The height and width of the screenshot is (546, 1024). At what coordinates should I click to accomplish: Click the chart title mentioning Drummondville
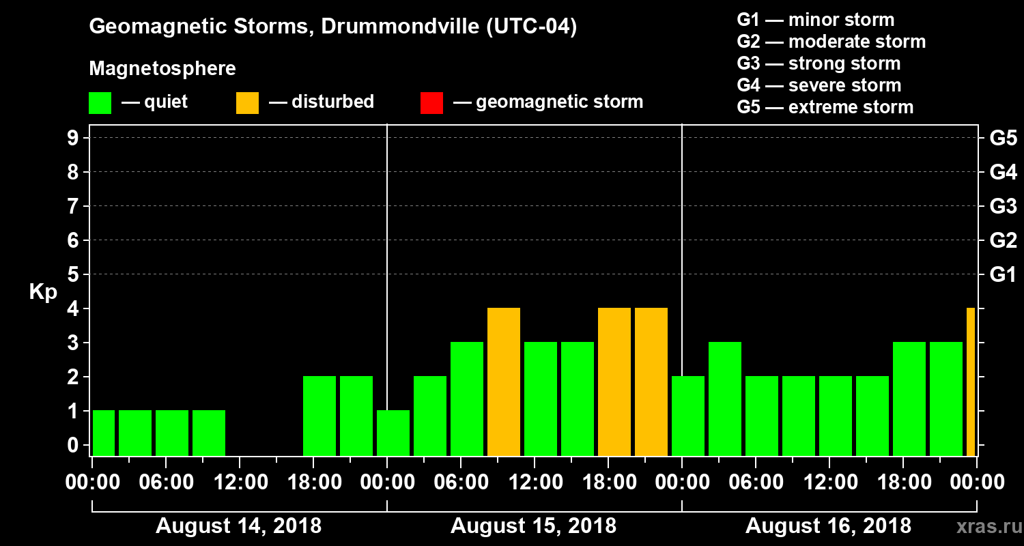333,27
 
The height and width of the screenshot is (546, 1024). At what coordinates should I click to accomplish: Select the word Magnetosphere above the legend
162,69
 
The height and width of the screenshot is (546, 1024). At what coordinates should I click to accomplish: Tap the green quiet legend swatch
100,103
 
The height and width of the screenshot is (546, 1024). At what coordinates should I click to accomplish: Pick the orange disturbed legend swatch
247,103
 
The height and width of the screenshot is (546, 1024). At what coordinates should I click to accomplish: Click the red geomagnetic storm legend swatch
431,103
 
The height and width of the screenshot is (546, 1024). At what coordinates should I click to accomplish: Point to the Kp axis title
42,292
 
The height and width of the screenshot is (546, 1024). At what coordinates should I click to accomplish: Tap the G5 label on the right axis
1003,139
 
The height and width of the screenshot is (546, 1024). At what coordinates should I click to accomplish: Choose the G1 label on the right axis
1003,275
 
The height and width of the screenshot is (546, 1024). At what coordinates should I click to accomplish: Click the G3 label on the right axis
1003,207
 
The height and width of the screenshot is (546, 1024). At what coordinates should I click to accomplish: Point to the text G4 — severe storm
819,86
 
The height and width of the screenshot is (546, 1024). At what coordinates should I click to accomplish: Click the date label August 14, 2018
239,526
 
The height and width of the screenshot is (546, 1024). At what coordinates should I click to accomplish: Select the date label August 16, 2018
828,526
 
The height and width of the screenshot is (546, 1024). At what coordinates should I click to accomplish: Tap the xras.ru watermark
984,526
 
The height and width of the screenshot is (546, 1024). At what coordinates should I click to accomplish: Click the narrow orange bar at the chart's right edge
971,382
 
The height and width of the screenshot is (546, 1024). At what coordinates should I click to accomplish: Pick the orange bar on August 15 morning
504,382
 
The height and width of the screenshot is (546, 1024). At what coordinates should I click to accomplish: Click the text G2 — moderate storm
831,42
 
